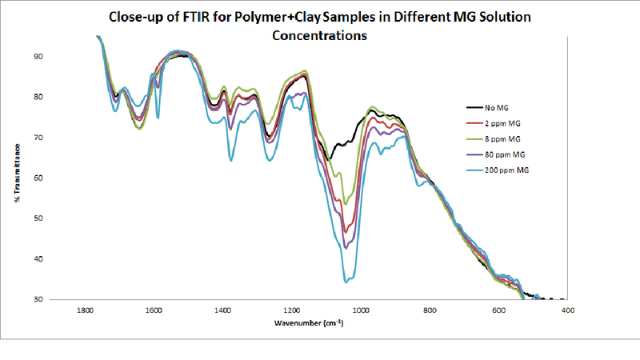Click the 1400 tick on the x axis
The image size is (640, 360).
[222, 310]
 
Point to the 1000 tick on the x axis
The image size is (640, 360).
[361, 310]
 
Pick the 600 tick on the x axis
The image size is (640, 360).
[498, 310]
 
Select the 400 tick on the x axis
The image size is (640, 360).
[567, 310]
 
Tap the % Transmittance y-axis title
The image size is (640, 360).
[18, 173]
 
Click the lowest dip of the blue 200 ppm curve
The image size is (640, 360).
[346, 282]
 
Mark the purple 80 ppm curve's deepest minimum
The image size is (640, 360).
[346, 248]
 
